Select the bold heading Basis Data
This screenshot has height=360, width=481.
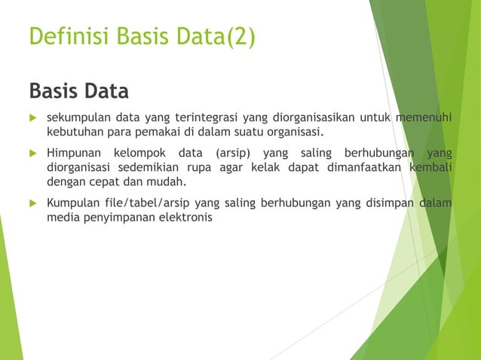[x=78, y=91]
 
